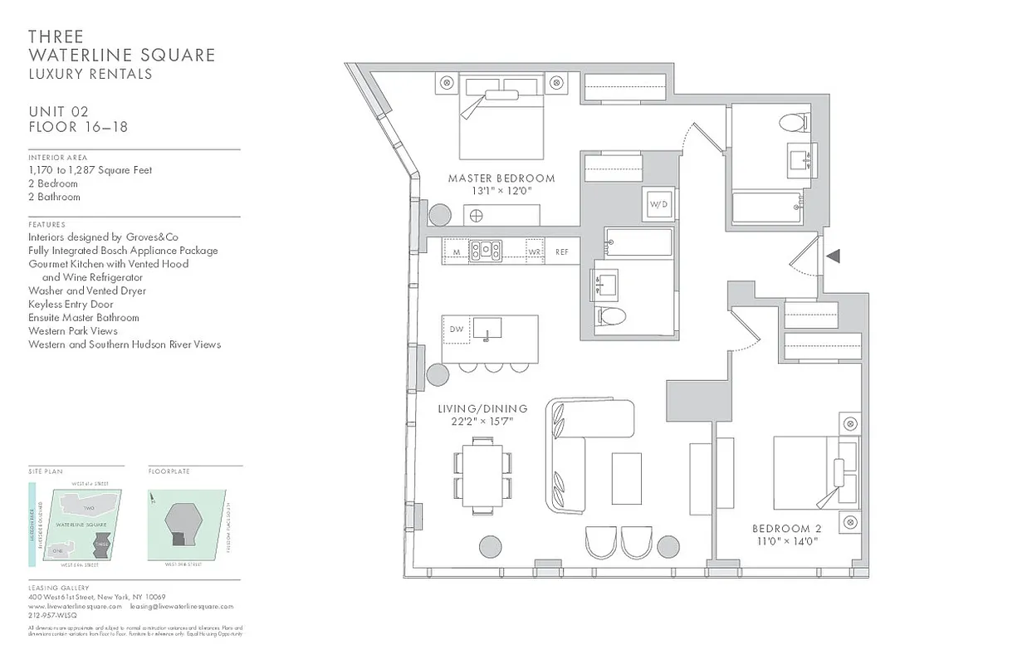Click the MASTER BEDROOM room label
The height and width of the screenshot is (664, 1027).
[x=501, y=178]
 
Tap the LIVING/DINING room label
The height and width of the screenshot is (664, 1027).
[x=482, y=409]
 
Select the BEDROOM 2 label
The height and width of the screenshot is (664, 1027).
[x=785, y=529]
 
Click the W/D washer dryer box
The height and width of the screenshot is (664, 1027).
[x=658, y=204]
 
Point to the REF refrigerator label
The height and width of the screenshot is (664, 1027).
[x=562, y=251]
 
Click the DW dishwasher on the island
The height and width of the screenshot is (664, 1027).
[x=456, y=330]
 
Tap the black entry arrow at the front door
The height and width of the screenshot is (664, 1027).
[x=834, y=256]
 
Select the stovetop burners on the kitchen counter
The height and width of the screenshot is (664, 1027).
[x=486, y=250]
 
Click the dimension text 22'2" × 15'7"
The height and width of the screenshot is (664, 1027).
[x=482, y=422]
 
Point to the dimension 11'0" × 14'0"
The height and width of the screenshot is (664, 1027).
[x=785, y=541]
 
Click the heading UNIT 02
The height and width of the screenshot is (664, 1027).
[x=58, y=112]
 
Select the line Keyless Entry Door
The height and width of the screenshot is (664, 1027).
[x=71, y=304]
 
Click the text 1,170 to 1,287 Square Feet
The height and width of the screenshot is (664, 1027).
[x=90, y=170]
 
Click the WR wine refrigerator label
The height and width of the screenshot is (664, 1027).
[x=535, y=251]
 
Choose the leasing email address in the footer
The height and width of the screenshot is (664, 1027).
[x=181, y=607]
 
